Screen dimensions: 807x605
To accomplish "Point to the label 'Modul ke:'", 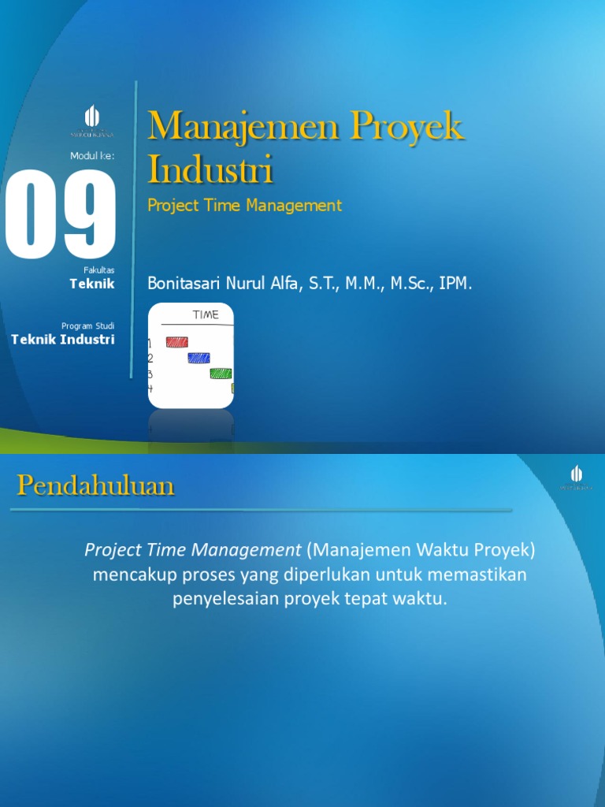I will [92, 156].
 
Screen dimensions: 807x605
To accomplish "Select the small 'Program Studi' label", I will [87, 325].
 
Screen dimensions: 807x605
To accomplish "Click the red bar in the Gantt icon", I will [176, 342].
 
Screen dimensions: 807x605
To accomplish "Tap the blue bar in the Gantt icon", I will [199, 358].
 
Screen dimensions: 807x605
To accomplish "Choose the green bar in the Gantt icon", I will [221, 374].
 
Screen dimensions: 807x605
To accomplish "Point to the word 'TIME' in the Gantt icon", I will [206, 315].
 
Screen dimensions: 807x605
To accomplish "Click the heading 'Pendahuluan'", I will [95, 486].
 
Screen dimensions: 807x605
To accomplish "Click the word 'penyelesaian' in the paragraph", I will [217, 599].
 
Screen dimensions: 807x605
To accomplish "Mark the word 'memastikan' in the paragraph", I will [478, 575].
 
